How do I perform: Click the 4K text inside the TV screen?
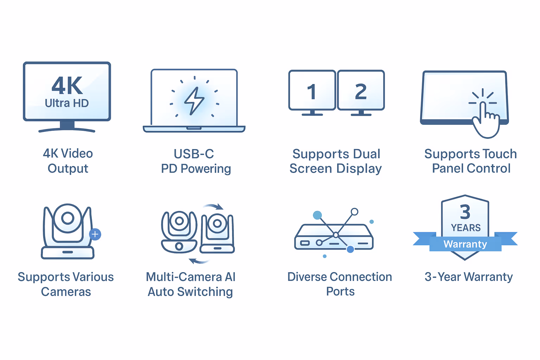pos(67,86)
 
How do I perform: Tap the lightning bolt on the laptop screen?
pos(194,101)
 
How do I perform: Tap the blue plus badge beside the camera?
pos(95,234)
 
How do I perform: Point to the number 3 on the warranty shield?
pos(465,212)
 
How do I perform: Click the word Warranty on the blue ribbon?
pos(465,244)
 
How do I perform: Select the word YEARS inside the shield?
pos(465,228)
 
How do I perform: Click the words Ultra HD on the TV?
pos(67,103)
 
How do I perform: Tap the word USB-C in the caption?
pos(194,154)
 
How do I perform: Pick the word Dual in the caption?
pos(364,154)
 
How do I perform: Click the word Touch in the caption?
pos(500,154)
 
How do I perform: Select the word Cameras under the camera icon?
pos(66,292)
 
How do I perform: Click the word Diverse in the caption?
pos(307,277)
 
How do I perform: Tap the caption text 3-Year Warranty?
pos(469,277)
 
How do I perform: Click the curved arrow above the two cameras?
pos(214,206)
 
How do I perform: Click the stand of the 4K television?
pos(67,127)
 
